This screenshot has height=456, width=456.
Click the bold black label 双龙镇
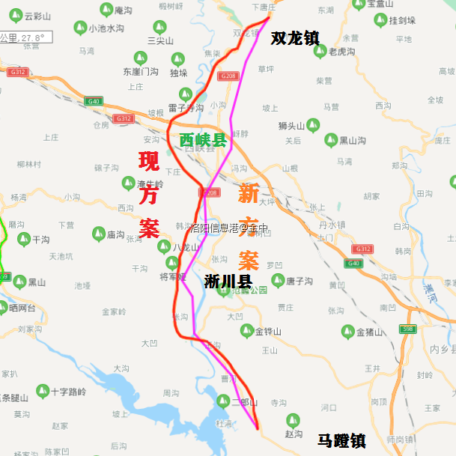coord(295,37)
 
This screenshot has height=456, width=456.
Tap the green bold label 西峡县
coord(203,139)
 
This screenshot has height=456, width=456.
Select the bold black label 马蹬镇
coord(341,441)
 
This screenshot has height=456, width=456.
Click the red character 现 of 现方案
coord(149,162)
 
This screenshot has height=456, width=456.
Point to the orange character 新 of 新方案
coord(249,194)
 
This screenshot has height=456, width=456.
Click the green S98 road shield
coord(407,329)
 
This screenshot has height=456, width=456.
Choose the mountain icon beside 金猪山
coord(345,331)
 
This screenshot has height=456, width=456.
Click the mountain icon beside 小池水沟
coord(78,28)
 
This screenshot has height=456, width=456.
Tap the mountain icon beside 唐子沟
coord(278,281)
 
